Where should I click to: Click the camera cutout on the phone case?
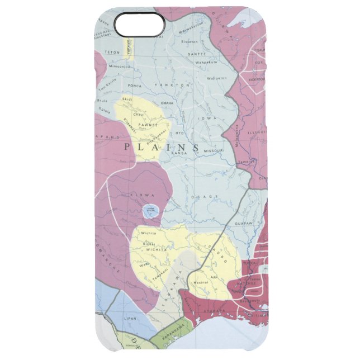point(139,23)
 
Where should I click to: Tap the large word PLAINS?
point(162,148)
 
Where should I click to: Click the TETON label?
point(112,52)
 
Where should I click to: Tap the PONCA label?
point(135,86)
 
